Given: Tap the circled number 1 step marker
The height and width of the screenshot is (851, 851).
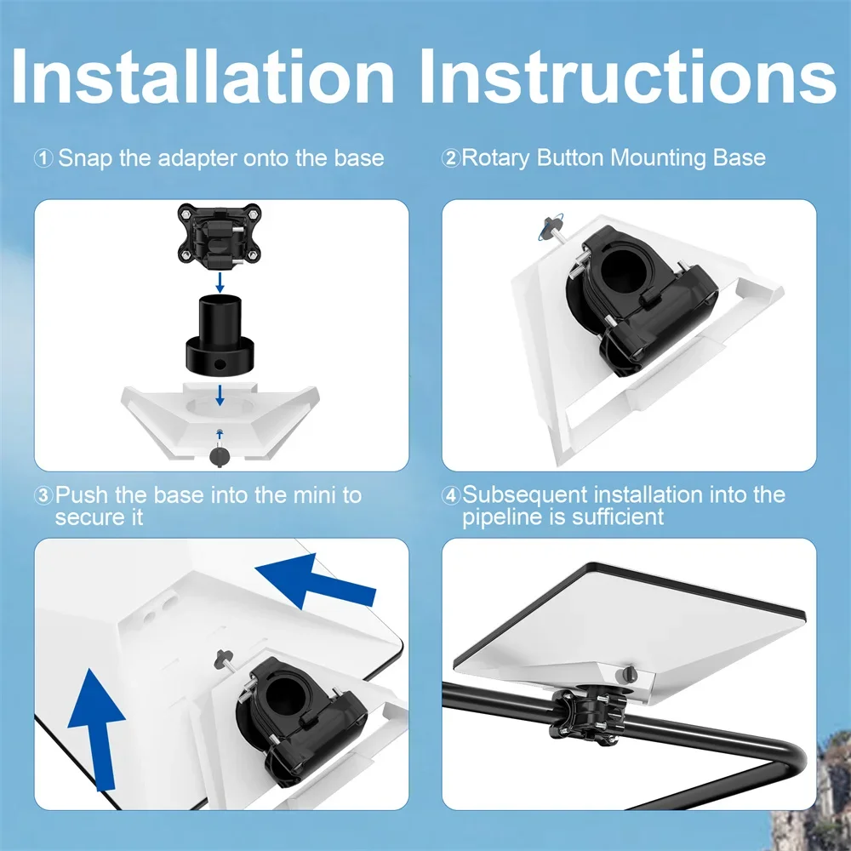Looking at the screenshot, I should [x=43, y=158].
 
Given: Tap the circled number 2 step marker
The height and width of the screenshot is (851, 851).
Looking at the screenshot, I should [x=451, y=158].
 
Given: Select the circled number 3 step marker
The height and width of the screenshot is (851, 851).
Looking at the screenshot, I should [x=43, y=495].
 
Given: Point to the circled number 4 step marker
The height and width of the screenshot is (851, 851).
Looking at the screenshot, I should [x=451, y=495].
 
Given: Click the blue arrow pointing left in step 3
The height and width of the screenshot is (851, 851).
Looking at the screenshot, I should [x=315, y=582].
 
